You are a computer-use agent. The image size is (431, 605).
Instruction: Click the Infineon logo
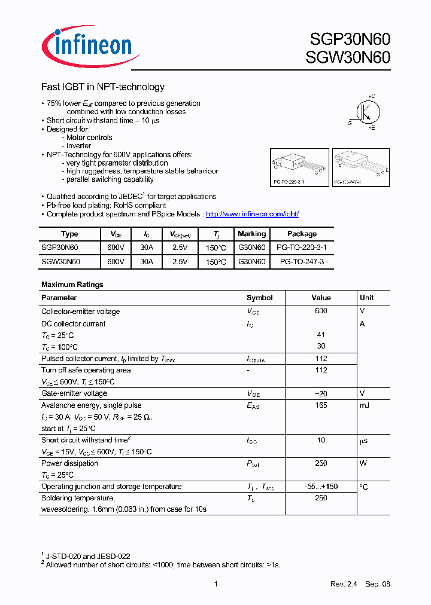point(90,45)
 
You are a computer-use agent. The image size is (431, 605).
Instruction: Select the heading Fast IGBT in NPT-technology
point(102,87)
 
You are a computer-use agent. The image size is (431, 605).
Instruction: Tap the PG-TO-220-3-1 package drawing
point(299,166)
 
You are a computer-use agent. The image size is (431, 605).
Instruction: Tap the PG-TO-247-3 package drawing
point(360,166)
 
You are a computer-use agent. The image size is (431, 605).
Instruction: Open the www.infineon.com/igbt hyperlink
point(252,214)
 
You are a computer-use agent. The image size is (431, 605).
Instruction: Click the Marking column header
point(251,234)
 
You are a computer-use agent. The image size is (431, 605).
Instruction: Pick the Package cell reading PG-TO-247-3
point(302,262)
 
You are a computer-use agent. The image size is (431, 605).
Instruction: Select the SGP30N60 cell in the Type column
point(60,247)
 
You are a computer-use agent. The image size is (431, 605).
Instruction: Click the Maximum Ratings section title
point(72,285)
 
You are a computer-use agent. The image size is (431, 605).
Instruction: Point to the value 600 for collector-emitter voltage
point(321,311)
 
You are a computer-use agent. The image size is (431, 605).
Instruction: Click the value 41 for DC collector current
point(321,335)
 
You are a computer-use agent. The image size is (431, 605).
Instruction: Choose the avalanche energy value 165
point(321,405)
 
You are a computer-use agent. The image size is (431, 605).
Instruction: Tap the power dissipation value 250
point(321,463)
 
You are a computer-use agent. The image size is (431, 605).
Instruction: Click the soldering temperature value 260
point(321,498)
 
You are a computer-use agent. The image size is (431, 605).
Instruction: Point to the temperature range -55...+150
point(321,487)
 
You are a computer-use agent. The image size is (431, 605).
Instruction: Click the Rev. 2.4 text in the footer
point(343,584)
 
